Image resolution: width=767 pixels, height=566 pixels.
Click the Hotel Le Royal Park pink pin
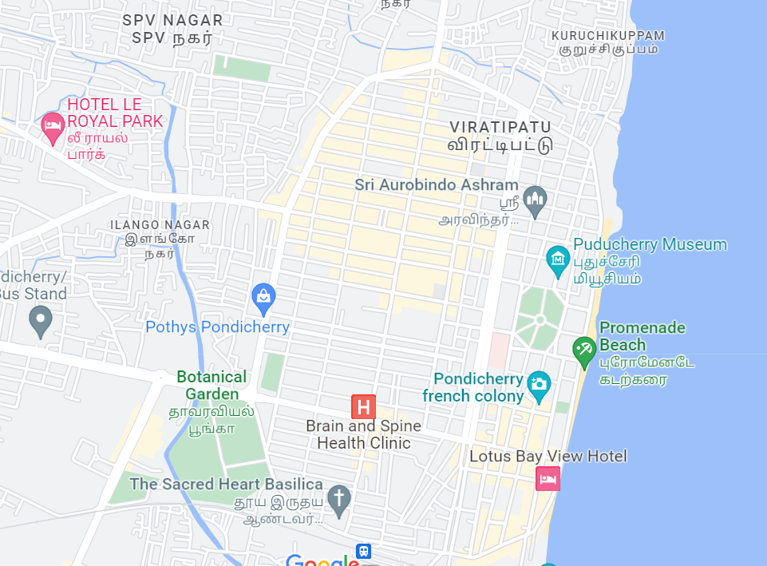pos(53,127)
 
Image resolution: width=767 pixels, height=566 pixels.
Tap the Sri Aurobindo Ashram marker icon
pos(535,200)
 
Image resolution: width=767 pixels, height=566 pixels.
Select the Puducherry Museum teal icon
pos(557,260)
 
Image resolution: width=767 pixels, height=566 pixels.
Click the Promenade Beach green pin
pos(584,350)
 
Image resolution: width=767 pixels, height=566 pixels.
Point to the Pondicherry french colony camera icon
pos(540,385)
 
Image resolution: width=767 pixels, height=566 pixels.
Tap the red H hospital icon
pos(363,407)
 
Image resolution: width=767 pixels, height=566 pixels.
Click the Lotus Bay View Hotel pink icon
pos(548,479)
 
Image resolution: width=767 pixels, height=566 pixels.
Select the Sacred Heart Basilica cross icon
pos(339,500)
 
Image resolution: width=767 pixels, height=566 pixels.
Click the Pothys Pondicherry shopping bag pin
pos(263,298)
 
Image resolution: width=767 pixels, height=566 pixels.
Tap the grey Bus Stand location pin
pos(40,320)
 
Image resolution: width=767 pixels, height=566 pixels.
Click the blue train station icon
pos(364,552)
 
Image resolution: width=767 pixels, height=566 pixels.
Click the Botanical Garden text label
pos(212,385)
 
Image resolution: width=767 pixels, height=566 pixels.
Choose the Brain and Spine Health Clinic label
pos(358,434)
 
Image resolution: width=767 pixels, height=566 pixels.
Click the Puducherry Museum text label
pos(650,244)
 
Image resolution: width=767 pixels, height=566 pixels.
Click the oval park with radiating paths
pos(540,319)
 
